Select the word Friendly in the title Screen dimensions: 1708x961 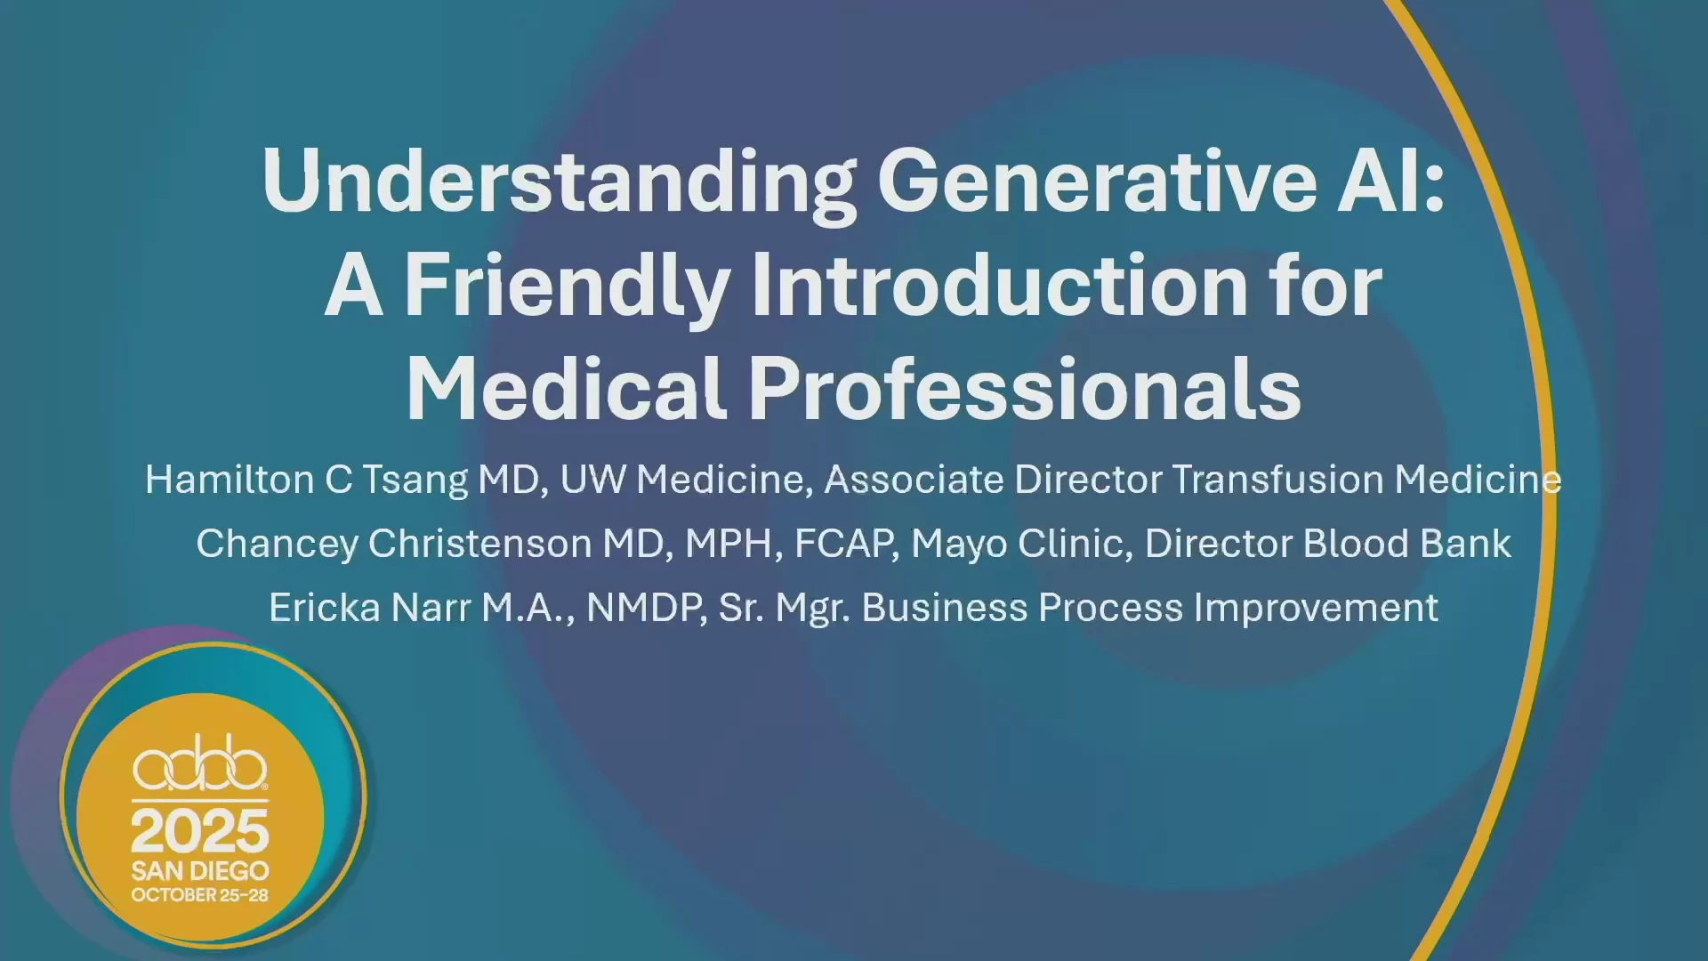[568, 286]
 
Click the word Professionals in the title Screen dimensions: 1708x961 [1025, 388]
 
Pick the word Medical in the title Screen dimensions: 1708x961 [566, 388]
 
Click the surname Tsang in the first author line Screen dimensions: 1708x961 [415, 480]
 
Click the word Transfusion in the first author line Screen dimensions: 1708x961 [1278, 480]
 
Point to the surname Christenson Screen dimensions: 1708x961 [480, 544]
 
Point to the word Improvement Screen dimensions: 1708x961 [1316, 609]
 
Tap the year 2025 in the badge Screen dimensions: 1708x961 [200, 832]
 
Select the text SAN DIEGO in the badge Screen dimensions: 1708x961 [200, 870]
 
